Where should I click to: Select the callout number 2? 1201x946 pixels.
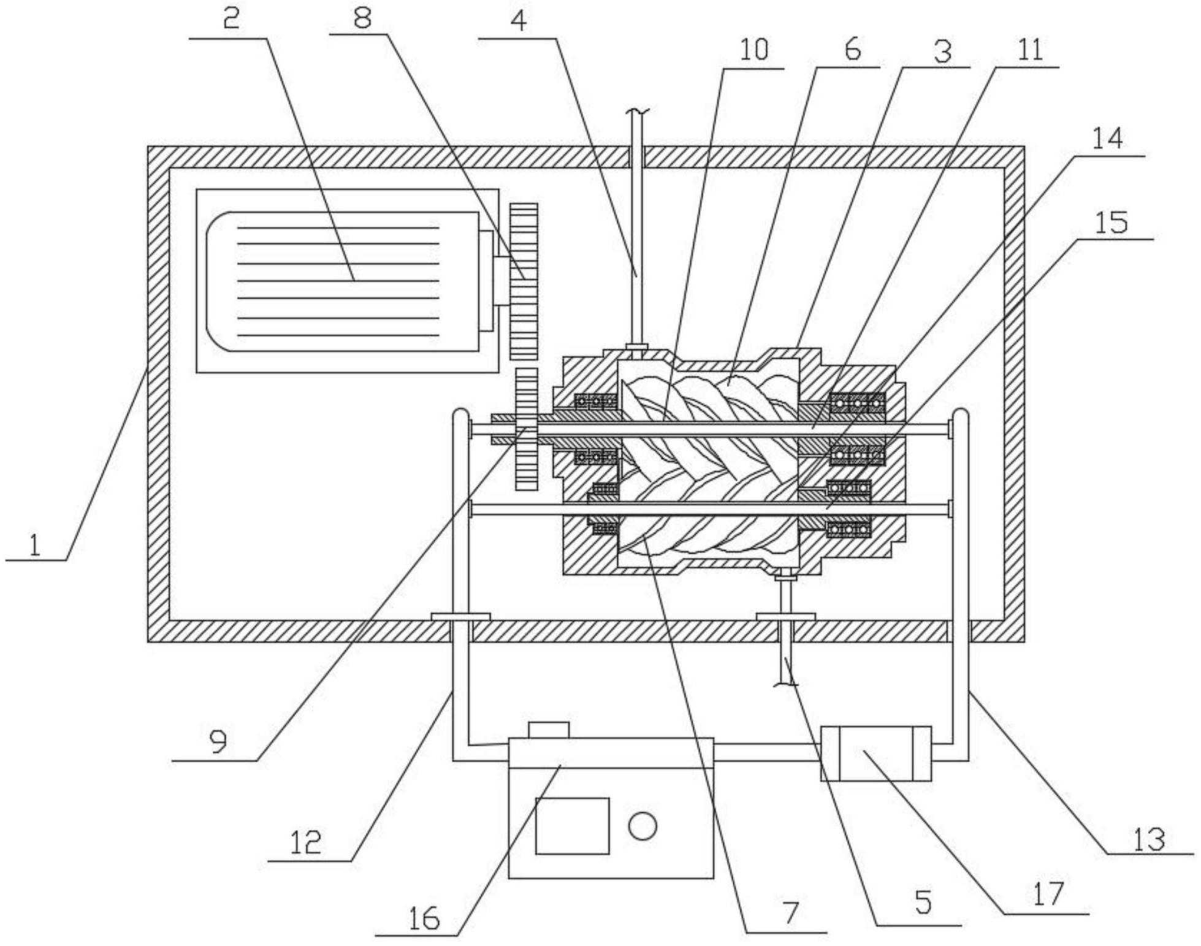[231, 20]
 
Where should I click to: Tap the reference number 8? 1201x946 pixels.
[362, 18]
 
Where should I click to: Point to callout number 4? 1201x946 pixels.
[518, 21]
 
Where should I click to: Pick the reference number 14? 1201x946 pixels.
[1108, 139]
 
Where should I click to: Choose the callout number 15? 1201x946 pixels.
[1111, 222]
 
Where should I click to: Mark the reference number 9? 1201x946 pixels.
[218, 742]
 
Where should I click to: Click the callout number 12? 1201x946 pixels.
[305, 843]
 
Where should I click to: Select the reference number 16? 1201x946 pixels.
[424, 918]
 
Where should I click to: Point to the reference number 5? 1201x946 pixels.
[923, 903]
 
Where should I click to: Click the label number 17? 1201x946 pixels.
[1047, 894]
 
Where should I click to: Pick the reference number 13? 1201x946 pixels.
[1148, 838]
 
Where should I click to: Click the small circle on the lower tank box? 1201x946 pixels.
[642, 825]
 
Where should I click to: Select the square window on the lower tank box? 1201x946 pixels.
[572, 825]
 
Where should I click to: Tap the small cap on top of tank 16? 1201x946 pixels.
[548, 730]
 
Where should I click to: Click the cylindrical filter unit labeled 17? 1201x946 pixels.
[875, 753]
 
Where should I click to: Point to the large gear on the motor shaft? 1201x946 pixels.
[524, 281]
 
